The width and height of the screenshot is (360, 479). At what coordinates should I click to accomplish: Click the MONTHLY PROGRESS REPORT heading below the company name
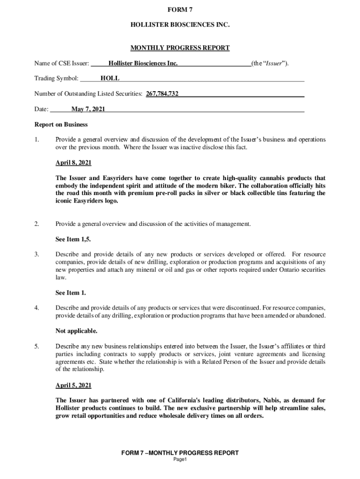pos(180,48)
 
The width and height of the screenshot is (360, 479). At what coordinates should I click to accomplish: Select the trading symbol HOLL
pos(110,79)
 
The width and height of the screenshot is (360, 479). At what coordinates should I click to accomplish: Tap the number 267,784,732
pos(162,94)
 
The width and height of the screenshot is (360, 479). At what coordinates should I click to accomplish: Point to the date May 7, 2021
pos(88,109)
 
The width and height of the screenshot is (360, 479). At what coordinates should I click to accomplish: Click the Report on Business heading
pos(61,125)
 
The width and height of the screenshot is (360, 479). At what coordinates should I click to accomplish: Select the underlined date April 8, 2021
pos(73,163)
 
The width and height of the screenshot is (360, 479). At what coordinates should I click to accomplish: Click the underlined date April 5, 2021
pos(73,385)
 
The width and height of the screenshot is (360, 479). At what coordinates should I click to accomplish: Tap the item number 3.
pos(36,254)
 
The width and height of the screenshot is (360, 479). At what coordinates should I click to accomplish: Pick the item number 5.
pos(36,347)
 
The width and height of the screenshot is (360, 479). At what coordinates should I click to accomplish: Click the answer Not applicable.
pos(77,331)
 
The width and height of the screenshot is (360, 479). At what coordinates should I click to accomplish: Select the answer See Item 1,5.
pos(73,239)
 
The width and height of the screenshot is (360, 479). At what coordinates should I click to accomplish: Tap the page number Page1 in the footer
pos(180,460)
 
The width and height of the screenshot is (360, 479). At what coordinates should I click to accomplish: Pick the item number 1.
pos(36,140)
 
